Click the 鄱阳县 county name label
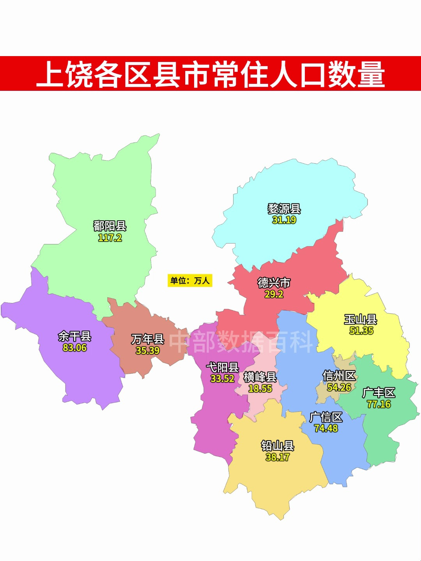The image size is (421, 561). (110, 226)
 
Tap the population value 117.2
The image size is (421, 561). (110, 238)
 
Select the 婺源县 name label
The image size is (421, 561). (284, 209)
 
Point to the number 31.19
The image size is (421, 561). (284, 220)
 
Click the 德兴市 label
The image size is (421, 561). (274, 283)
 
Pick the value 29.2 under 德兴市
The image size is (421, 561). (274, 294)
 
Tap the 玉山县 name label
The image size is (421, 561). (361, 319)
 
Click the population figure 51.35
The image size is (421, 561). (361, 331)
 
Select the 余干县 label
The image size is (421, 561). (74, 336)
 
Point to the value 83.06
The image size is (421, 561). (74, 348)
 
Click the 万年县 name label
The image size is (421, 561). (148, 339)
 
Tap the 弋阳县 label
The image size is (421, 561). (222, 367)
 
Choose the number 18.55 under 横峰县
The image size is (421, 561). (260, 388)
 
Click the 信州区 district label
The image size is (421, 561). (339, 376)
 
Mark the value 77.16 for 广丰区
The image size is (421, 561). (379, 404)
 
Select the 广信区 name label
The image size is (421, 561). (326, 417)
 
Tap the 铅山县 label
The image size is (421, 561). (278, 446)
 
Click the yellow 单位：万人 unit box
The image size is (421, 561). (190, 280)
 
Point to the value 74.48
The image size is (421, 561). (326, 429)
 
